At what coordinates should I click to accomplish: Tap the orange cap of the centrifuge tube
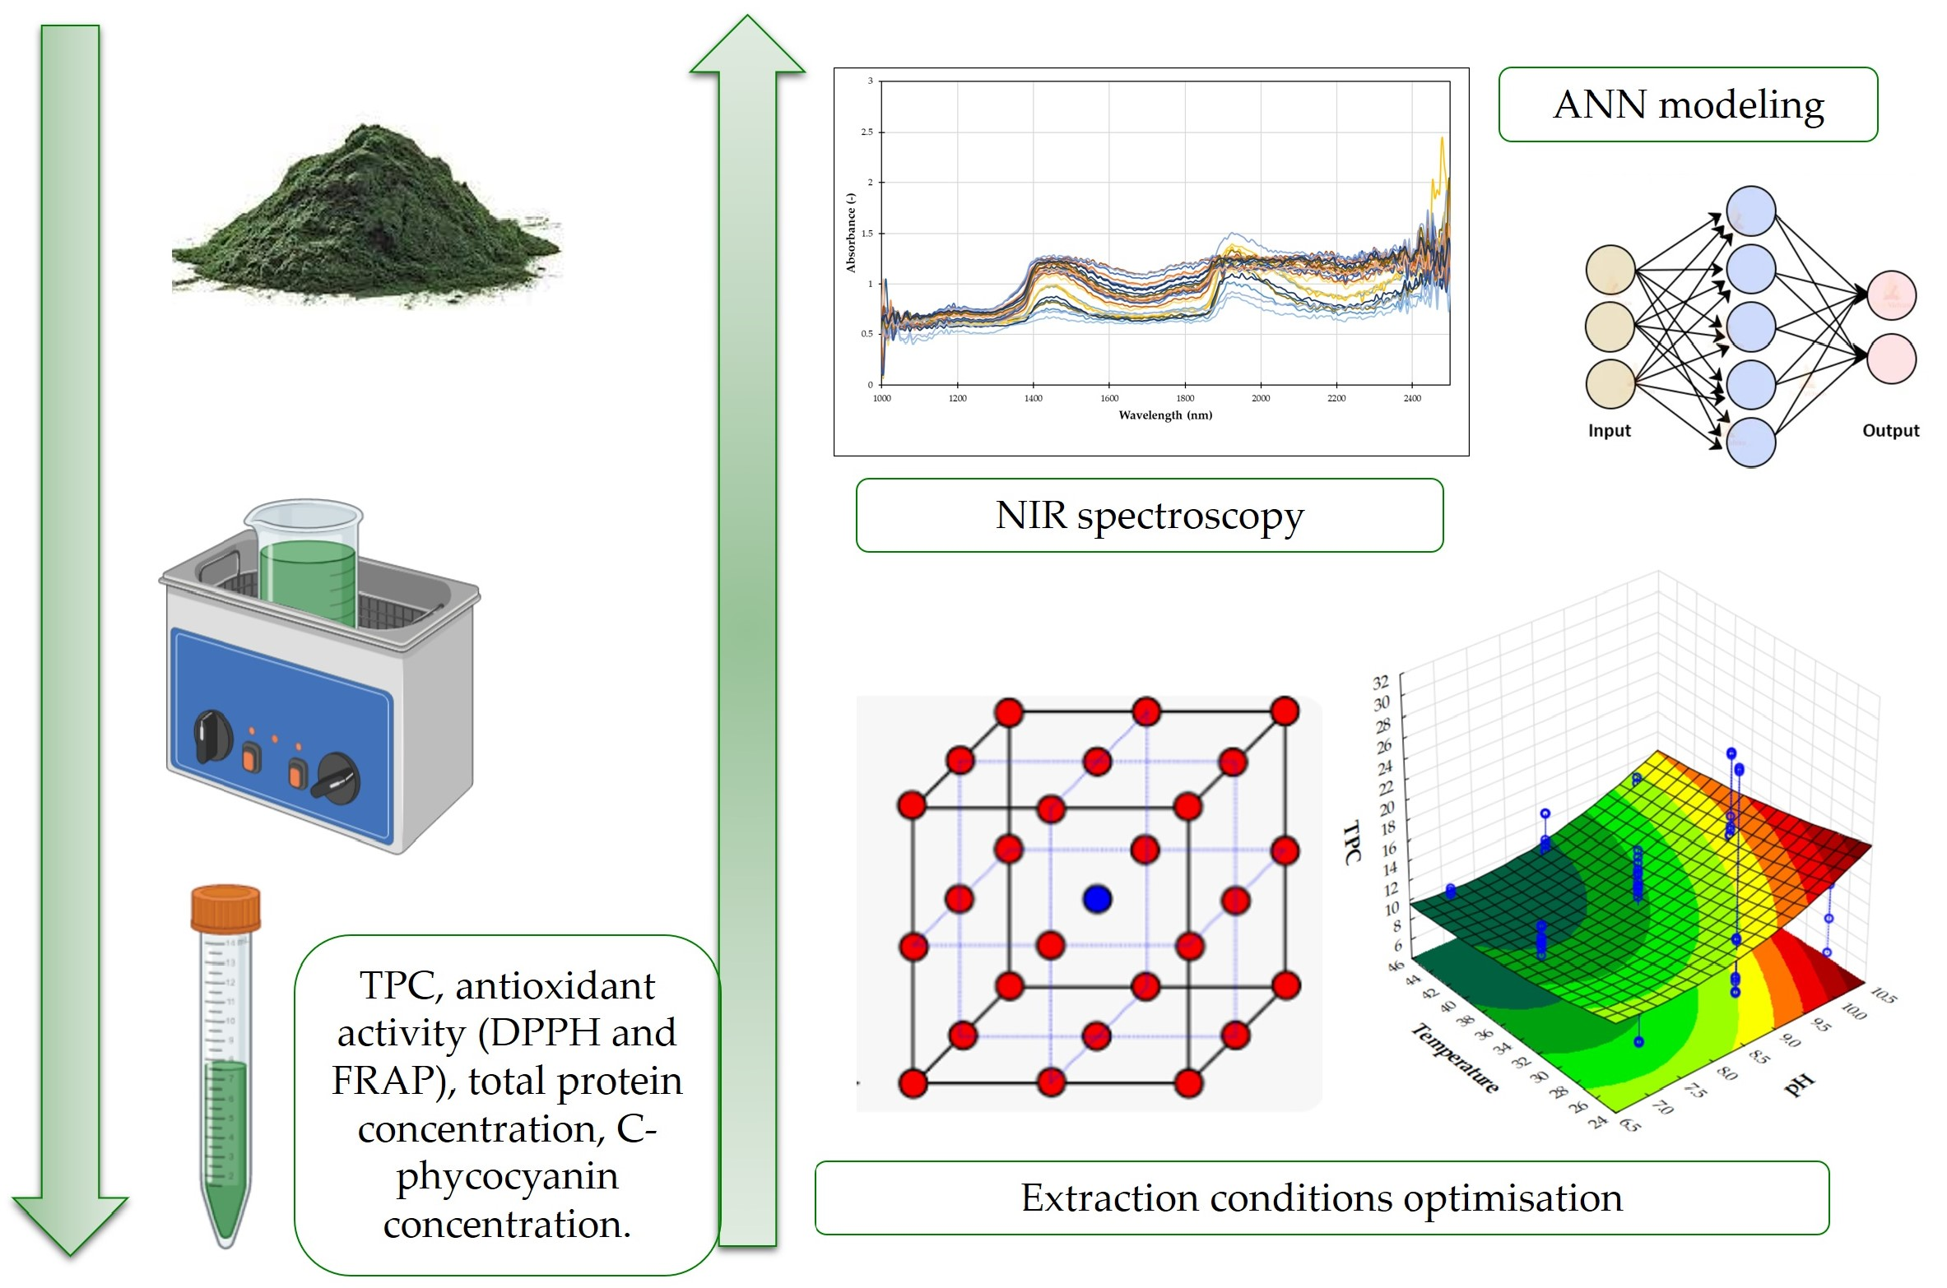point(225,908)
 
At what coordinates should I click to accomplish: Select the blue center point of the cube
point(1098,899)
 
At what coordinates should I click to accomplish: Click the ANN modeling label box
point(1688,104)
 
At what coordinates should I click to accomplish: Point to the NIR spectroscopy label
point(1149,516)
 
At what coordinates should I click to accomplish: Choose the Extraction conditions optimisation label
point(1321,1198)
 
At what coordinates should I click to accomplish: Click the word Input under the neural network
point(1609,431)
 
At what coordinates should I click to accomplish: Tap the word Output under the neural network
point(1890,431)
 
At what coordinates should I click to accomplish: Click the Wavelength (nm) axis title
point(1165,415)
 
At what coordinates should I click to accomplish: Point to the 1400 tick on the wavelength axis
point(1034,399)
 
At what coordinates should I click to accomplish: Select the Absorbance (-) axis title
point(851,233)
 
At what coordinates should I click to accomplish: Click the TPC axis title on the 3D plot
point(1351,842)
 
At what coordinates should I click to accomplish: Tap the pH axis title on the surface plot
point(1799,1085)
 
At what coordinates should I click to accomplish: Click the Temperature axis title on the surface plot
point(1454,1058)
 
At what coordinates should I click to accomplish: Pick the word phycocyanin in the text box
point(507,1176)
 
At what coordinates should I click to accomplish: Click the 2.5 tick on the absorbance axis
point(867,132)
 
